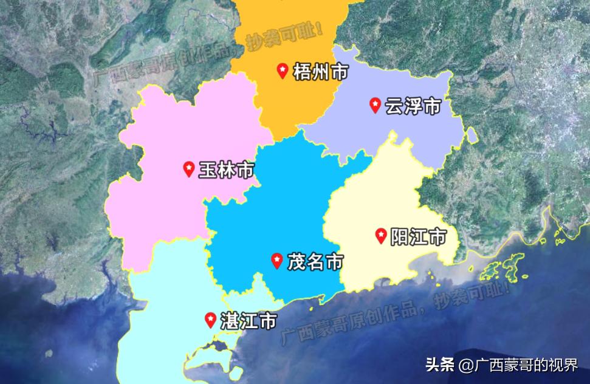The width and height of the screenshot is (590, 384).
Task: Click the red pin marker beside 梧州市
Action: [x=283, y=71]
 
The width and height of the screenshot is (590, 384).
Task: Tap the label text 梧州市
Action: [x=320, y=72]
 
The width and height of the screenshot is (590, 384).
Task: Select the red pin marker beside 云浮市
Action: [x=376, y=105]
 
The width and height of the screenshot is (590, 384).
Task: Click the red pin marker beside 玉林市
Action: [x=189, y=168]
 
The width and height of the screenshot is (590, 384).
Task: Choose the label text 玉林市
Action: [x=227, y=170]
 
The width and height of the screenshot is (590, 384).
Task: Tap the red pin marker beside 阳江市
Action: [x=381, y=235]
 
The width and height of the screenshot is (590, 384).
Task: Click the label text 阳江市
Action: [x=419, y=236]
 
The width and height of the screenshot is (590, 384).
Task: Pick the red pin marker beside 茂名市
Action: [x=276, y=261]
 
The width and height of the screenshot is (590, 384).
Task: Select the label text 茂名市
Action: [x=315, y=262]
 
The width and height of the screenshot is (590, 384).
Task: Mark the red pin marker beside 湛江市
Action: [x=211, y=320]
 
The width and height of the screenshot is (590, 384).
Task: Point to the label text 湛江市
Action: [x=249, y=321]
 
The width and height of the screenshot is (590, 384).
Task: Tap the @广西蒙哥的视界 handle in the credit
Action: [x=519, y=365]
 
